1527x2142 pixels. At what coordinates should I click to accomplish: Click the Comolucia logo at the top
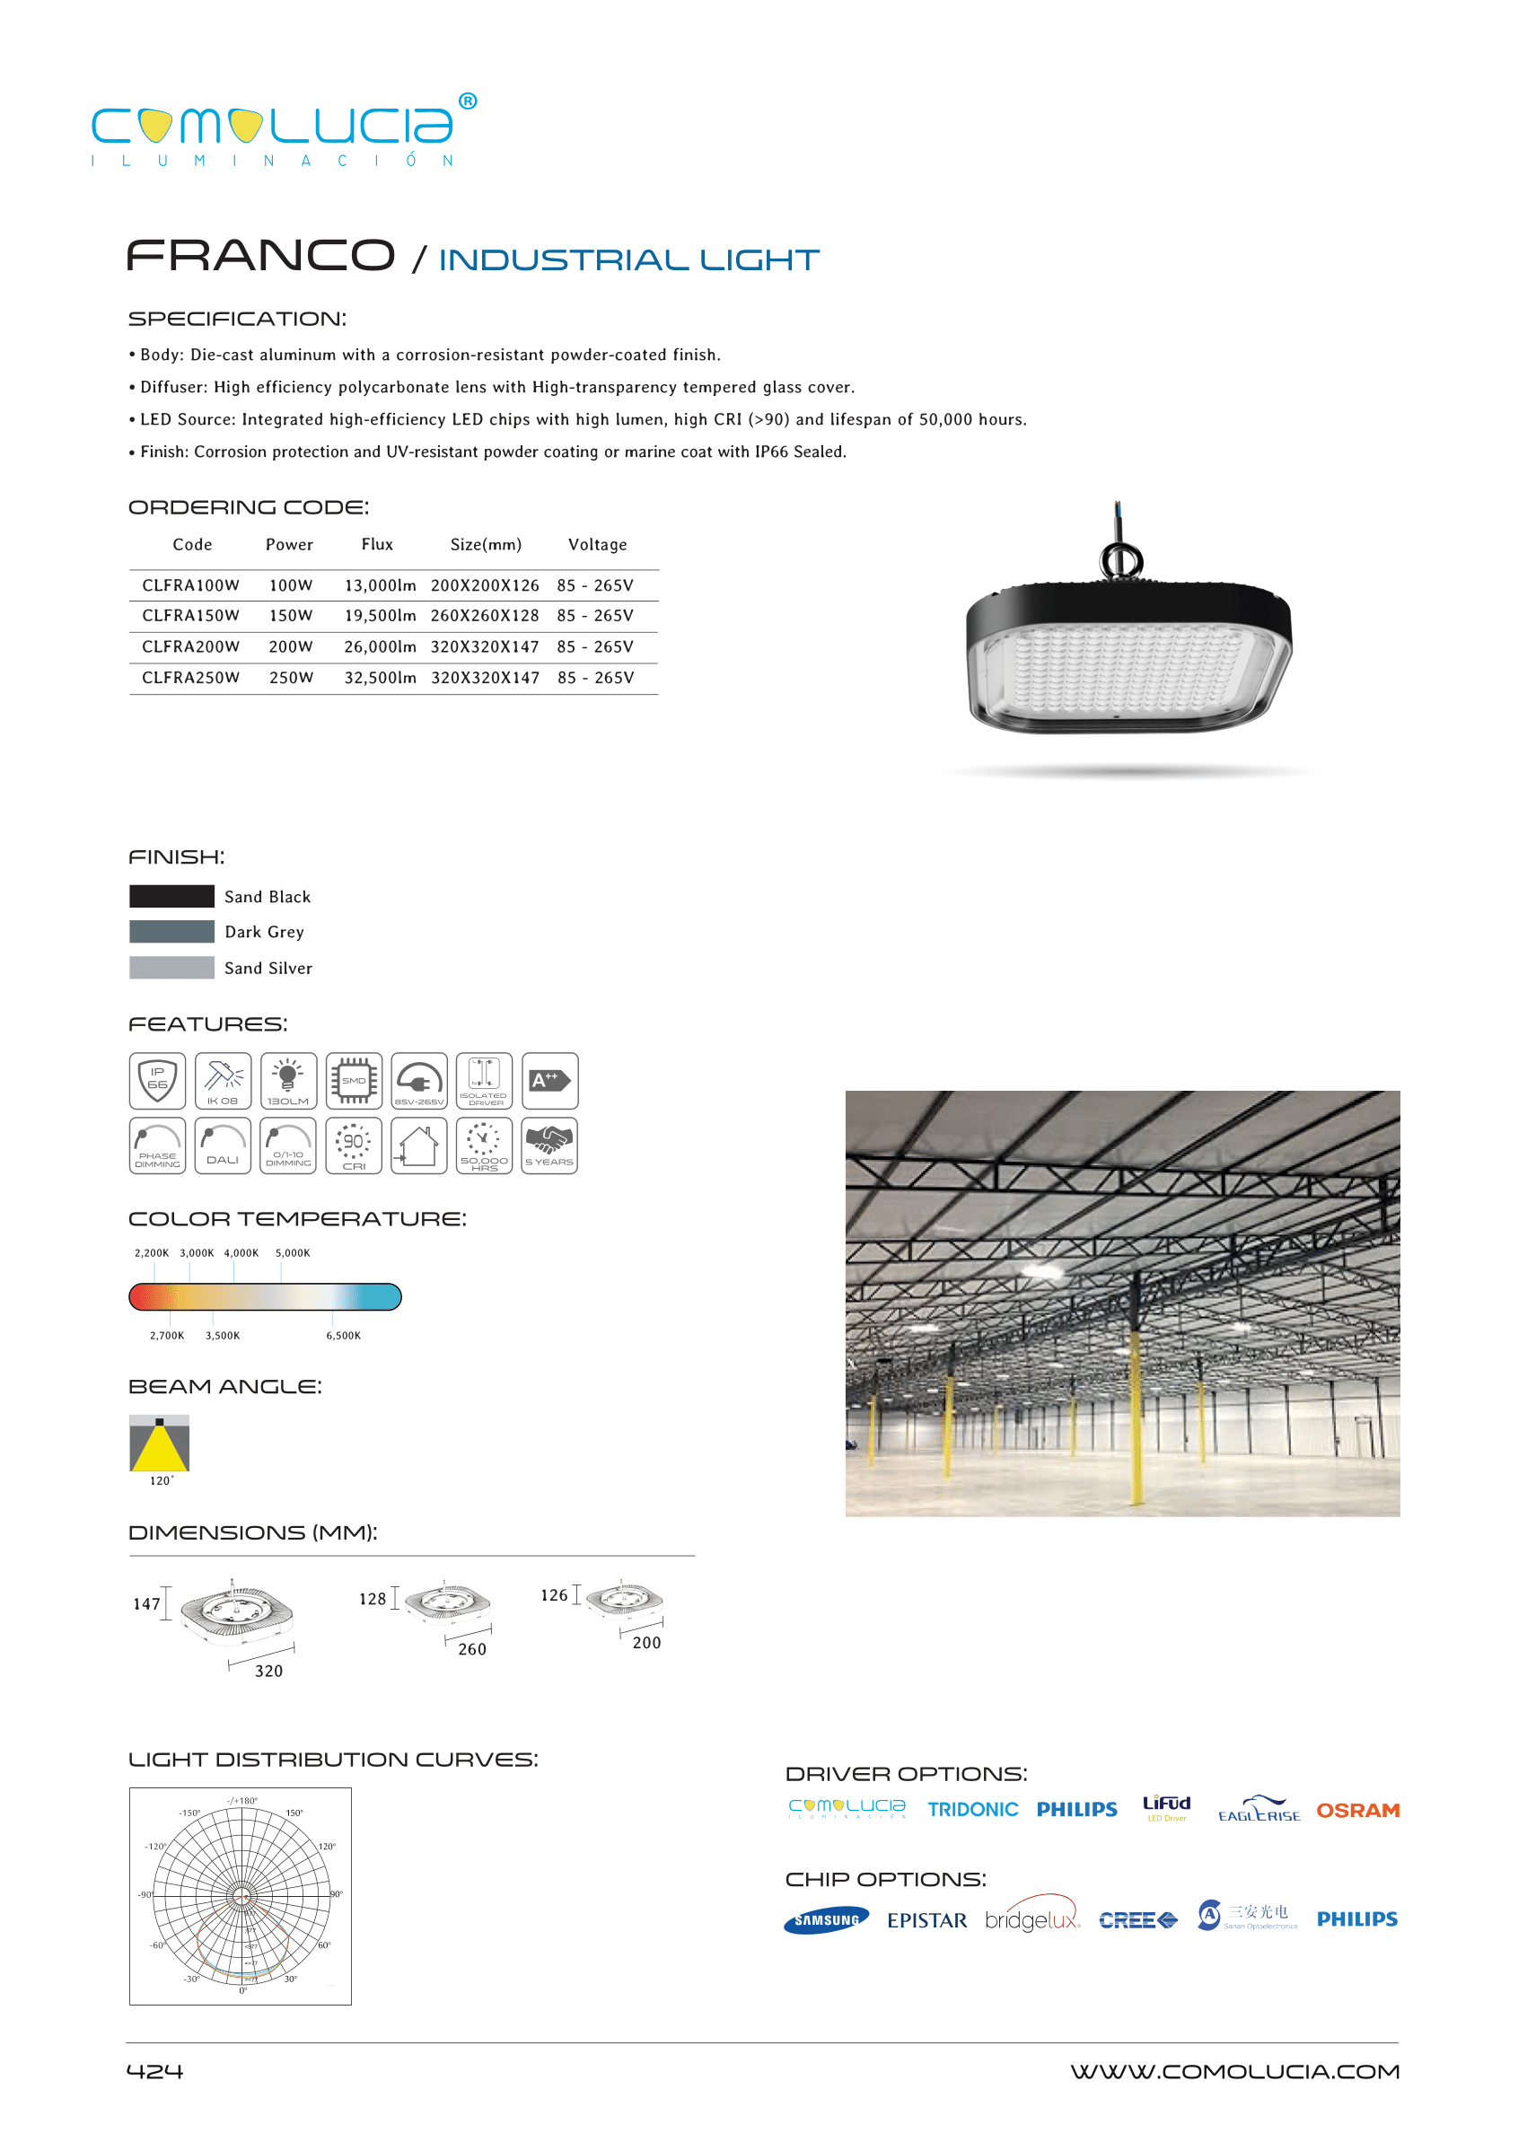click(x=282, y=130)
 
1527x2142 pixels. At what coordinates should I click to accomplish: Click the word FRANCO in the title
click(x=260, y=256)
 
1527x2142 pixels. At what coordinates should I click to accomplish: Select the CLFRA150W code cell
click(x=191, y=616)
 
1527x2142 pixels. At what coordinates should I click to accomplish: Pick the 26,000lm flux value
click(x=380, y=647)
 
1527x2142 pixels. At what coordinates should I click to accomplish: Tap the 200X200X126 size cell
click(x=485, y=584)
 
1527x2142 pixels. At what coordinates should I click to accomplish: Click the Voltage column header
click(x=597, y=544)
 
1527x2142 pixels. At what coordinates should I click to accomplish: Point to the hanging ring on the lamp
click(x=1121, y=560)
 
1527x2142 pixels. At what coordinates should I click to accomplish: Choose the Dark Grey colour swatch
click(x=172, y=932)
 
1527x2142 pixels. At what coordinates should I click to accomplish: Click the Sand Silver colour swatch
click(x=172, y=968)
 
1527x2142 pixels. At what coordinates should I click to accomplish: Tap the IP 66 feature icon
click(x=158, y=1080)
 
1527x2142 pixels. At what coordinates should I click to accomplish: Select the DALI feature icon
click(x=223, y=1146)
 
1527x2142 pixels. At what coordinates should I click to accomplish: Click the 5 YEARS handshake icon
click(x=549, y=1146)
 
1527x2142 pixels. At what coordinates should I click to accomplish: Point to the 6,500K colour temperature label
click(x=343, y=1335)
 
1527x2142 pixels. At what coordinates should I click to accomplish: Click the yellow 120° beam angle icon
click(x=159, y=1444)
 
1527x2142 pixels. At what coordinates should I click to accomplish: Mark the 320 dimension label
click(x=269, y=1671)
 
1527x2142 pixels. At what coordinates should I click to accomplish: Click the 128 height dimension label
click(x=373, y=1599)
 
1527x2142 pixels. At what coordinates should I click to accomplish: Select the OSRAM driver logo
click(x=1356, y=1810)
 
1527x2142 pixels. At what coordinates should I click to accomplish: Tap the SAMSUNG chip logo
click(x=827, y=1920)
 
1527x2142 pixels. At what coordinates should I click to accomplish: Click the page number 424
click(x=155, y=2070)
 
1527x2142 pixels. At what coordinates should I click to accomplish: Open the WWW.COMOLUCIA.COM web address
click(x=1234, y=2071)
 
